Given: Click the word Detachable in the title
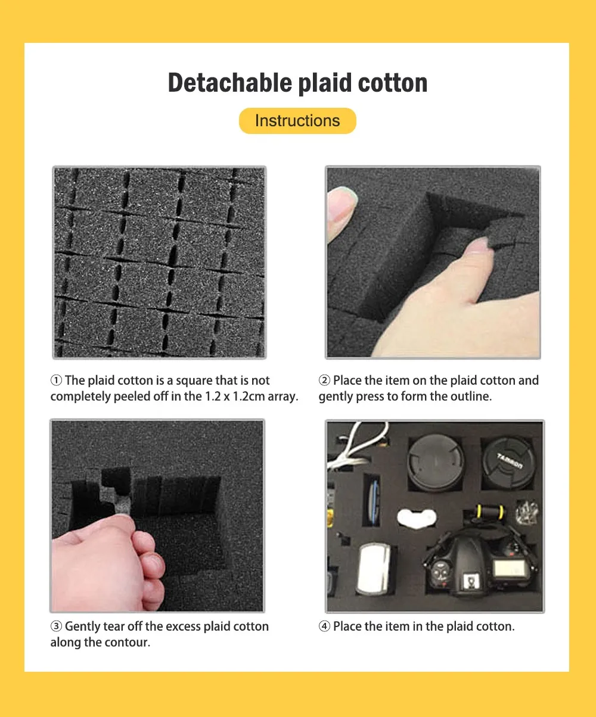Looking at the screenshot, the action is (x=230, y=83).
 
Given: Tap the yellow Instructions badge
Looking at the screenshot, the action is (x=297, y=121).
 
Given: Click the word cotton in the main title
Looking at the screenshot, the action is (x=393, y=83).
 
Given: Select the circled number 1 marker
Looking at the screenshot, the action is (x=57, y=381).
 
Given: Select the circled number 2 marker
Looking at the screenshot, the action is (x=324, y=381).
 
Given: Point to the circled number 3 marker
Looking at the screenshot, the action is (x=57, y=626).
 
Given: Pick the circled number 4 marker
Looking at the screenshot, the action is (x=324, y=626).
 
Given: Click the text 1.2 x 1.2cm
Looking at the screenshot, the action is (x=235, y=396).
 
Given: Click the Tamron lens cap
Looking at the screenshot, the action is (x=508, y=462).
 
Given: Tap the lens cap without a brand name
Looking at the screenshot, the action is (x=436, y=462).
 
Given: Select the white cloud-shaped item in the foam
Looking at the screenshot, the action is (x=417, y=518).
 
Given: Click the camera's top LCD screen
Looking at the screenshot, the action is (x=509, y=568).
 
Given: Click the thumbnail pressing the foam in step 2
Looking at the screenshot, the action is (x=478, y=246).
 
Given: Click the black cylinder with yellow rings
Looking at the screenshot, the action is (x=490, y=512).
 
